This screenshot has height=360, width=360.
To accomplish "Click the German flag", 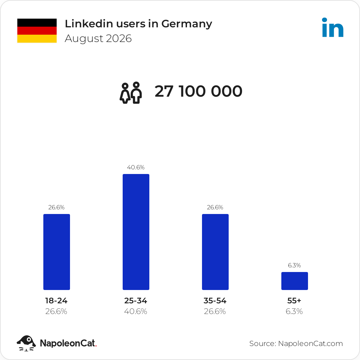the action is [x=37, y=31].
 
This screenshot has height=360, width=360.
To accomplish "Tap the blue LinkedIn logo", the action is [x=333, y=27].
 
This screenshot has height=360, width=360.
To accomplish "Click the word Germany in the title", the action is [x=187, y=24].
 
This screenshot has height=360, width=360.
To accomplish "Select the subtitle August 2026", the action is [x=98, y=39].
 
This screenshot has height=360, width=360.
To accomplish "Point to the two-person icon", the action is [x=131, y=93].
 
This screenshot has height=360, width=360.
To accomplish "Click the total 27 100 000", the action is [x=198, y=91].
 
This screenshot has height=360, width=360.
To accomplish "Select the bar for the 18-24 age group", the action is [x=57, y=252].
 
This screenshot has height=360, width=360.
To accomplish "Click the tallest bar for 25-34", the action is [x=136, y=232].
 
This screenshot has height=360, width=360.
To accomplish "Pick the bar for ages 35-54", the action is [x=215, y=252].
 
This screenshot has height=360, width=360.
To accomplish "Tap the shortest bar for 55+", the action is [x=295, y=281].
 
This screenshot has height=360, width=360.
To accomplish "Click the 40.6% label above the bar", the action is [x=136, y=167].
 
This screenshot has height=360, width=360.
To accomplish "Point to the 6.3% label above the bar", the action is [x=294, y=265].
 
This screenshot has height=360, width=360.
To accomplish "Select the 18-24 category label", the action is [x=56, y=301].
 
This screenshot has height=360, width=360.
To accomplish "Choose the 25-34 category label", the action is [x=136, y=301].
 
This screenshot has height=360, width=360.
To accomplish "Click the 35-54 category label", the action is [x=215, y=301].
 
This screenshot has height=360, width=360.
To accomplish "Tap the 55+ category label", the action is [x=294, y=301].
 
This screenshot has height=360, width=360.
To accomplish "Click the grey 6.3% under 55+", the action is [x=294, y=311].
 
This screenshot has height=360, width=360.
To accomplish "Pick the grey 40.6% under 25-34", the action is [x=135, y=311].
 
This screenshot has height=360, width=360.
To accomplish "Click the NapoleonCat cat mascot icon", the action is [x=26, y=343].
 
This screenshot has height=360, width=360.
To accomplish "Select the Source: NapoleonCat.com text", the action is [x=296, y=343].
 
